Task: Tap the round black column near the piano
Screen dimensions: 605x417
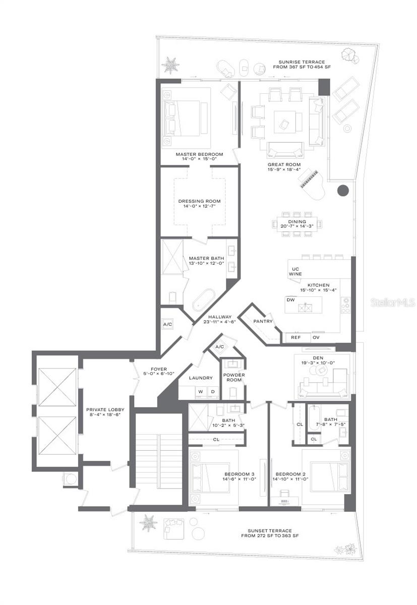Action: click(x=343, y=191)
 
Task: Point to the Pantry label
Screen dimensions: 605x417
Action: click(x=263, y=321)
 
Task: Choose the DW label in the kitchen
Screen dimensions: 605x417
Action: click(x=290, y=299)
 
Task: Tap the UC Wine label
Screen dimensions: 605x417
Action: click(x=295, y=271)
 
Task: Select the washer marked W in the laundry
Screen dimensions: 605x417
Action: click(x=200, y=391)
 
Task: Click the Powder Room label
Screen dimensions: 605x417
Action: click(x=233, y=378)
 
